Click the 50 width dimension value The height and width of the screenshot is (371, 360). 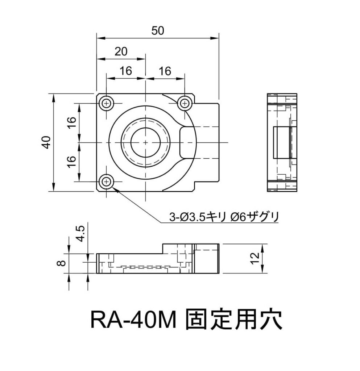point(158,31)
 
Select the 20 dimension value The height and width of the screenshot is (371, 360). point(121,52)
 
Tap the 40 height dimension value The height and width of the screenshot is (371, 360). point(46,142)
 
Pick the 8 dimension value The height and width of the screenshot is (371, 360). point(62,261)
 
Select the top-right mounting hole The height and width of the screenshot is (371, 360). point(185,104)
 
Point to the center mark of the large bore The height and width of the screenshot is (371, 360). point(145,142)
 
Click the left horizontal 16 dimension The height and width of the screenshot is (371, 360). point(126,71)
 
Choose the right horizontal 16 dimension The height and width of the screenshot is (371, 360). point(165,71)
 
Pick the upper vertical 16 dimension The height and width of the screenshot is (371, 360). point(71,123)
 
